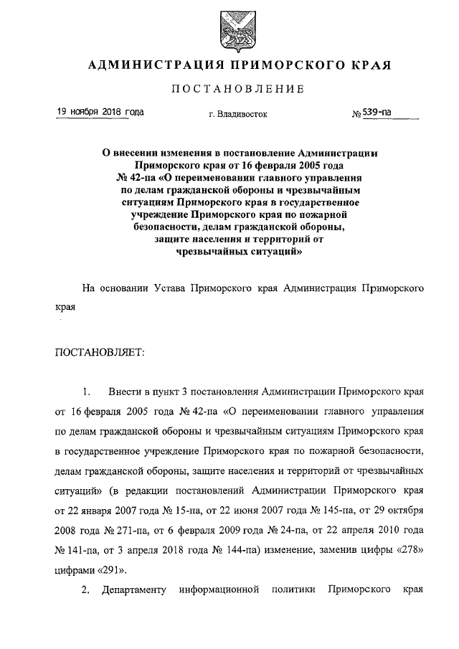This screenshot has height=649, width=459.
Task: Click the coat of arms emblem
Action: (229, 28)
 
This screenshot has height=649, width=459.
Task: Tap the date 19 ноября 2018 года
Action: (100, 112)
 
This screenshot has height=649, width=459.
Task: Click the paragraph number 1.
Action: (86, 392)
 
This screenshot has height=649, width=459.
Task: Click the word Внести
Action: (124, 392)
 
